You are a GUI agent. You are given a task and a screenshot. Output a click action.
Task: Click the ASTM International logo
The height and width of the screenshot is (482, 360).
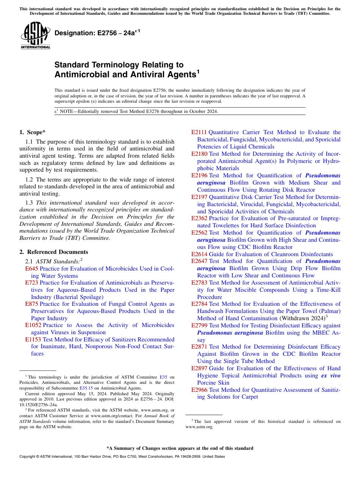[x=35, y=36]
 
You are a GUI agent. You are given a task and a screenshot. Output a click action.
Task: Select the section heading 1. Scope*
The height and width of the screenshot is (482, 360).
[x=32, y=132]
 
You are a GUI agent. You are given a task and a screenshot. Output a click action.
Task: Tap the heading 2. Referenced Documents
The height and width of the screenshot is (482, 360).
[x=53, y=252]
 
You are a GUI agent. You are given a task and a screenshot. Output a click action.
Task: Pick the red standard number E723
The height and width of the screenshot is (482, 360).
[x=31, y=283]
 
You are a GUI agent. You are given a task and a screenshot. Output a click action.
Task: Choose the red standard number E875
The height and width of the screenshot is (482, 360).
[x=31, y=304]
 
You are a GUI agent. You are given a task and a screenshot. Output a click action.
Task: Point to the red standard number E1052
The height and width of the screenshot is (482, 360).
[x=33, y=325]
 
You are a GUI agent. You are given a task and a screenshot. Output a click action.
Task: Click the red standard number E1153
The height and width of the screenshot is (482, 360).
[x=33, y=340]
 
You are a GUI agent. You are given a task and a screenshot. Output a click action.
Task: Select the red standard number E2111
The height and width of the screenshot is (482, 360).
[x=199, y=132]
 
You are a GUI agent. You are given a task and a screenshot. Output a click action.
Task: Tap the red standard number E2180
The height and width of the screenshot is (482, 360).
[x=199, y=154]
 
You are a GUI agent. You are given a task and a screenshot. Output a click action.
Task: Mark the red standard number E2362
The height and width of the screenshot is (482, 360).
[x=199, y=218]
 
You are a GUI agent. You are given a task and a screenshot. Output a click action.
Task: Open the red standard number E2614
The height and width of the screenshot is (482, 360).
[x=199, y=254]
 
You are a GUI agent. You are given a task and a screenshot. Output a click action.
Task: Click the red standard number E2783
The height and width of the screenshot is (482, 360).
[x=199, y=283]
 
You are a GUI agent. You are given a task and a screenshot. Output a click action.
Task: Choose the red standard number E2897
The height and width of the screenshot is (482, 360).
[x=199, y=368]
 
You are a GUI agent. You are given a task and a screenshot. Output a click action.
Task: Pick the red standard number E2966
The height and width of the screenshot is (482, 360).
[x=199, y=390]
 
